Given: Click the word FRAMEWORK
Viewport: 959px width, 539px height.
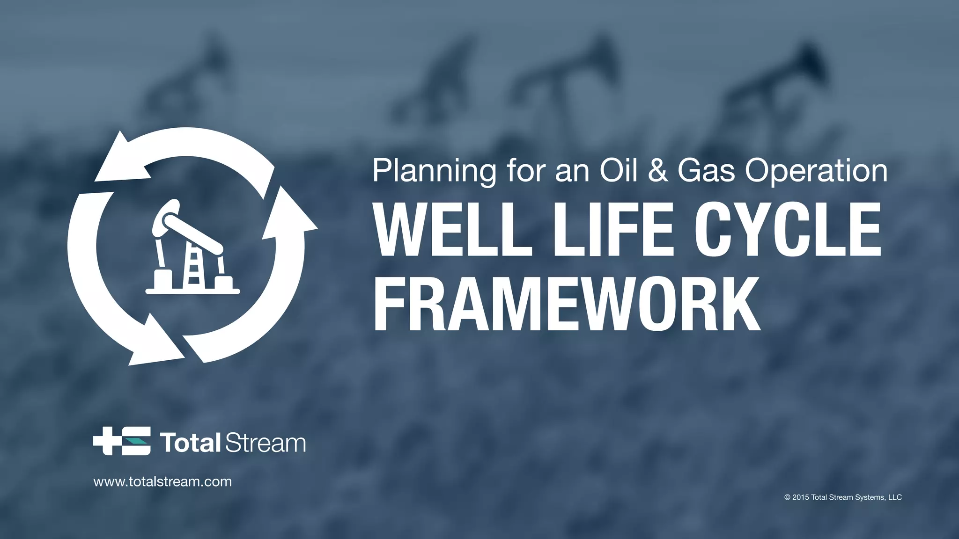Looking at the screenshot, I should (567, 304).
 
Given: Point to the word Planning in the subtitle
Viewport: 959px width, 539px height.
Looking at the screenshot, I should (434, 171).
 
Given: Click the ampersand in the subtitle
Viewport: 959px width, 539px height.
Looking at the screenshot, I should (658, 171).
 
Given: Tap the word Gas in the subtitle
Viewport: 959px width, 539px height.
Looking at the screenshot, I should (706, 171).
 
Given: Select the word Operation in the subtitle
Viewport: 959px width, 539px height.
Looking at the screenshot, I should (816, 171).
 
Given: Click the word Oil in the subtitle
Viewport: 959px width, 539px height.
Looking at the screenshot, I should (619, 171).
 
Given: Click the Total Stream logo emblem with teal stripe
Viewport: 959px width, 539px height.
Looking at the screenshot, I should (122, 441).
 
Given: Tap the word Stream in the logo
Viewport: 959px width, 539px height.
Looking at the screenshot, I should (266, 443).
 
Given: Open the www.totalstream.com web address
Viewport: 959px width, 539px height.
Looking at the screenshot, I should (162, 481).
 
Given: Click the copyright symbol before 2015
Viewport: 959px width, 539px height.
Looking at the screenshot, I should (788, 497).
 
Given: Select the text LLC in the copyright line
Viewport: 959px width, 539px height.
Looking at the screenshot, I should (895, 497).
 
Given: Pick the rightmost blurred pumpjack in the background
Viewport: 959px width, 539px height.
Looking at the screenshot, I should (777, 89).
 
